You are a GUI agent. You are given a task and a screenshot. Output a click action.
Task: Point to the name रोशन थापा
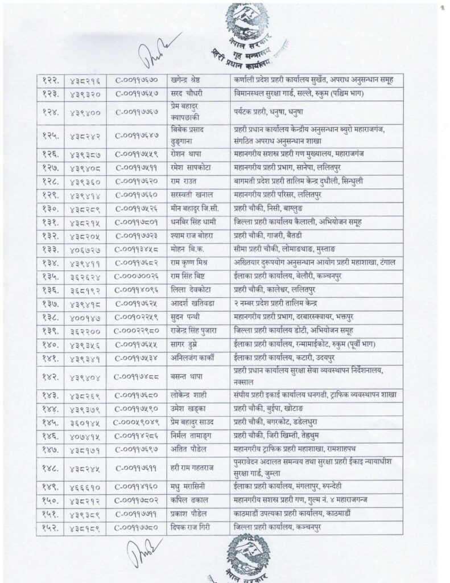tap(186, 154)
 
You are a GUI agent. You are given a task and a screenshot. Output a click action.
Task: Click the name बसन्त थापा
tap(187, 376)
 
